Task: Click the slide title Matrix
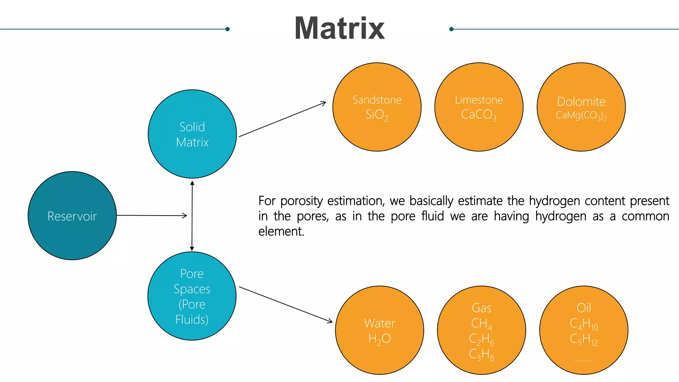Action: point(339,29)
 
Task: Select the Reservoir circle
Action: point(72,216)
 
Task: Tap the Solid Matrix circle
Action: point(192,134)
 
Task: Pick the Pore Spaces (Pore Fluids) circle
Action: point(192,296)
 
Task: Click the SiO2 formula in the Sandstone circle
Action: point(377,115)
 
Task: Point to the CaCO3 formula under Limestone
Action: point(479,115)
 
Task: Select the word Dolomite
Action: point(581,101)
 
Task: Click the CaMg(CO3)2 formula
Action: point(581,115)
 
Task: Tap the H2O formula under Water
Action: point(380,339)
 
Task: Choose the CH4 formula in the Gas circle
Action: point(481,323)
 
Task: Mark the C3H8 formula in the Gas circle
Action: point(481,354)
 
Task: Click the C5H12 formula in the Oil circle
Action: point(584,339)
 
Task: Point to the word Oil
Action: point(584,308)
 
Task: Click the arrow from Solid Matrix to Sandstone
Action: point(282,119)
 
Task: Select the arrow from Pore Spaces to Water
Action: point(285,304)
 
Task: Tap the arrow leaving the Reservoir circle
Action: point(152,216)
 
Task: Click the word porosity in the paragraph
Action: point(301,201)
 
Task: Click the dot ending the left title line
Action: point(227,29)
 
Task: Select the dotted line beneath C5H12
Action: point(584,360)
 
